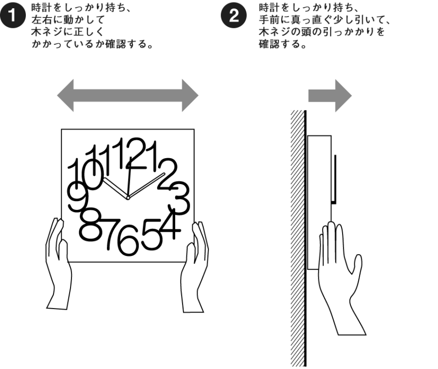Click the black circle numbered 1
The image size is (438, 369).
point(13,16)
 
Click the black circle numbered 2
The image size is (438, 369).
point(234,16)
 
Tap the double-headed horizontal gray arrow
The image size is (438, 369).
point(128,95)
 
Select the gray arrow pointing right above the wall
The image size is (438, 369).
point(330,96)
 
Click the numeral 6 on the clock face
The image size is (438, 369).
point(128,240)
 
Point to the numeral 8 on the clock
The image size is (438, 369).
point(90,224)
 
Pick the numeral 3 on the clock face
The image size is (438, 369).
point(179,198)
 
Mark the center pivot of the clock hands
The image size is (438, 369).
point(128,198)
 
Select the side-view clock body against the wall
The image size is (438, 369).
point(319,202)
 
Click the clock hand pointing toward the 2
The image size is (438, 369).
point(146,185)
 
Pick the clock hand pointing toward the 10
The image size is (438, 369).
point(116,188)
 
